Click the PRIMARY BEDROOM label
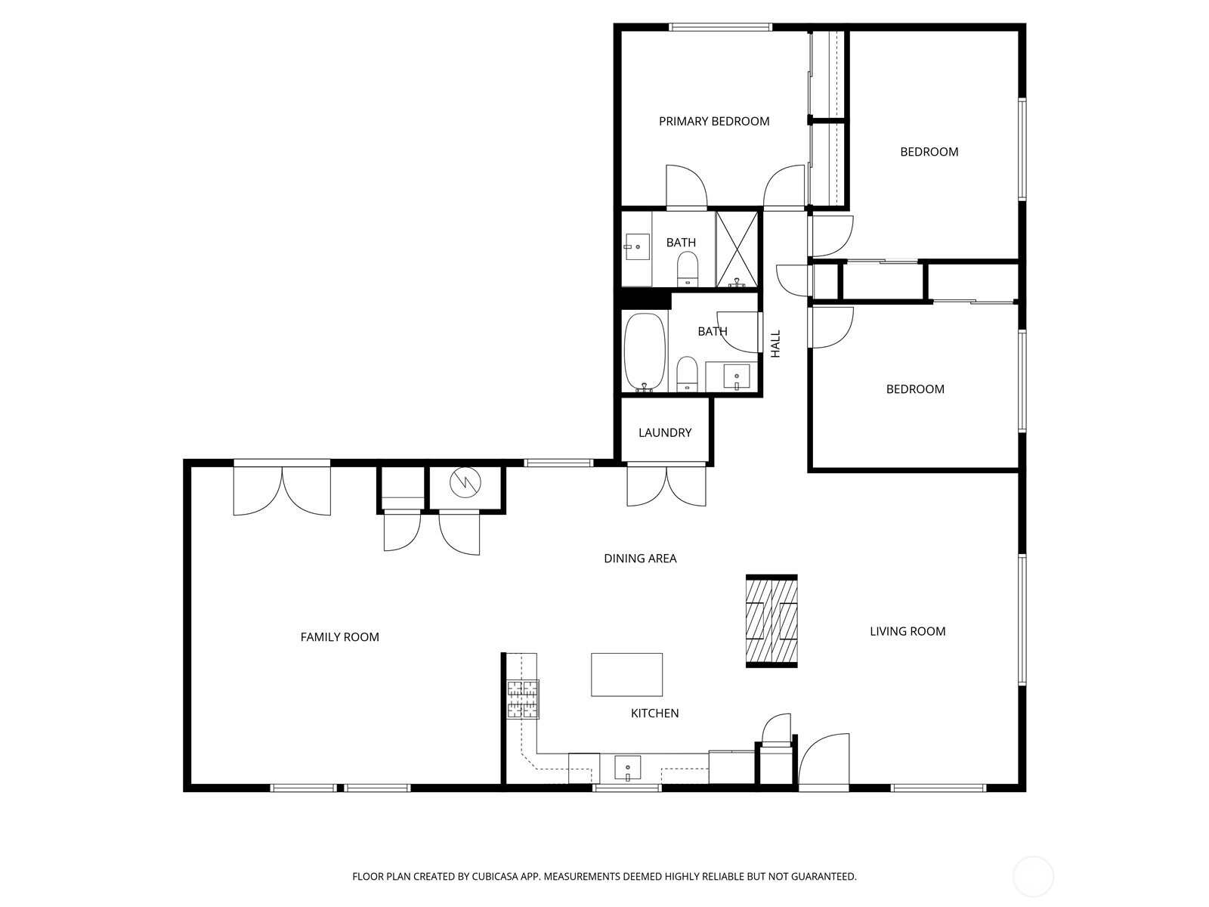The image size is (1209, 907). point(713,121)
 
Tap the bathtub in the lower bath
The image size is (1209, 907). point(645,351)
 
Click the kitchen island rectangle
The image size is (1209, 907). point(626,674)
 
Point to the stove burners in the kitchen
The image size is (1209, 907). point(523,699)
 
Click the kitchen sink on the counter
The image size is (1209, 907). point(627,768)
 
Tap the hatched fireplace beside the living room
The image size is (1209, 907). point(771,621)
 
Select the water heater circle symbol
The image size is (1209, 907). point(465,481)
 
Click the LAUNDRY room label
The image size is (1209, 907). point(664,432)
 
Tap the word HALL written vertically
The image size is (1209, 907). point(775,344)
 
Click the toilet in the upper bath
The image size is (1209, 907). point(688,268)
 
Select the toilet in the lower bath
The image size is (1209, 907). point(687,373)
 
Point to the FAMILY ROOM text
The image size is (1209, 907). point(339,637)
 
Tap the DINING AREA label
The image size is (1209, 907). point(640,559)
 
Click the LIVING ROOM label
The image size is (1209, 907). point(907,631)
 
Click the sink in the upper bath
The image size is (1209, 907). point(637,246)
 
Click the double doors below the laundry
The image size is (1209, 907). point(666,485)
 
